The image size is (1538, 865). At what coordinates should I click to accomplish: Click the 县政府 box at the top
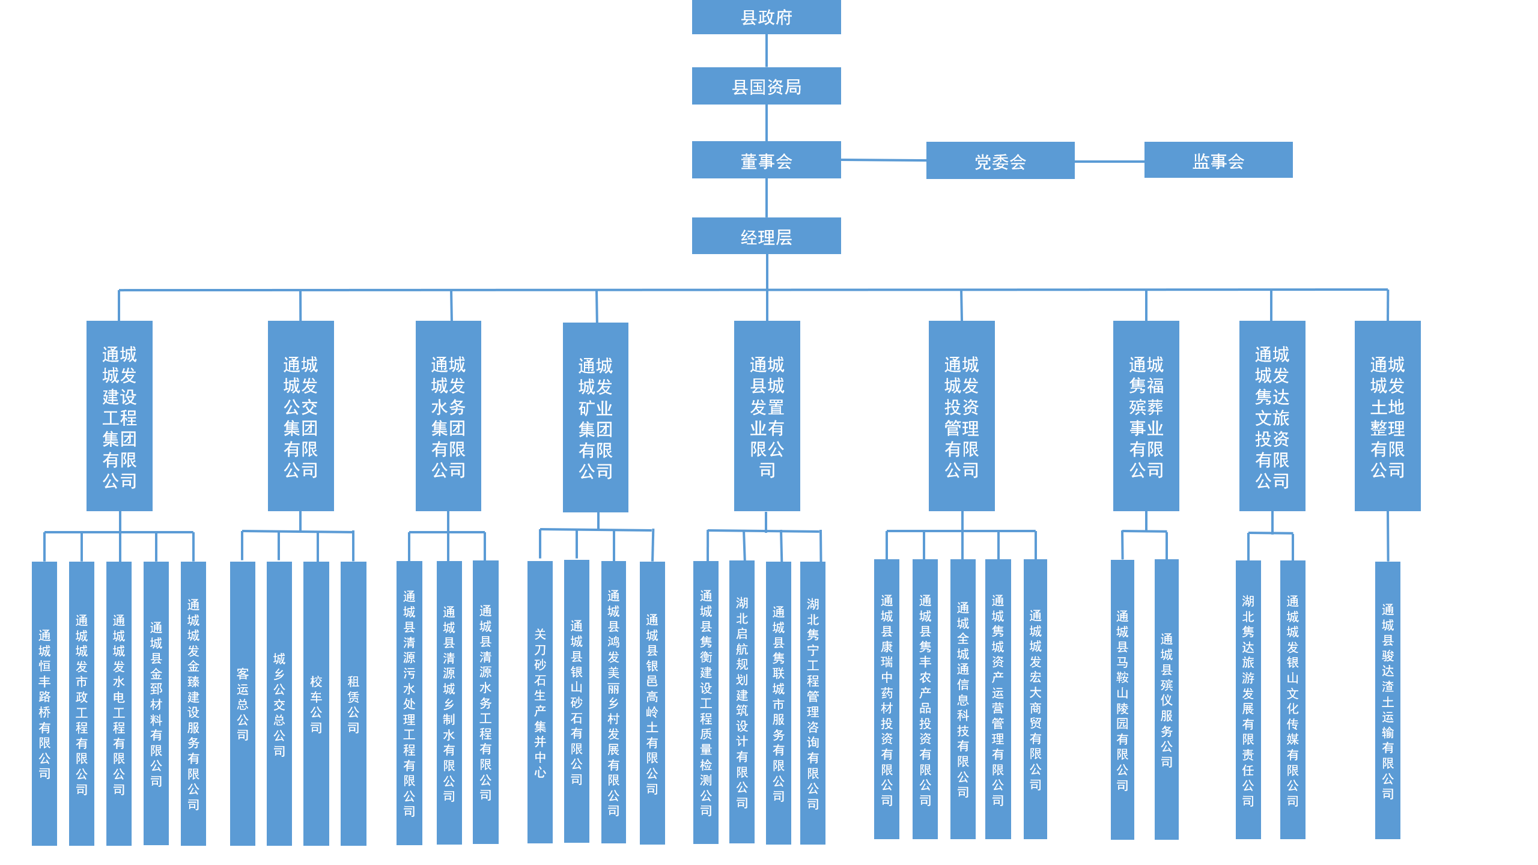(x=766, y=17)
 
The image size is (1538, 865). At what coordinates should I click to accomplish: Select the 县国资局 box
(x=766, y=86)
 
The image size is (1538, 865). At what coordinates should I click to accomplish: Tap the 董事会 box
(x=766, y=160)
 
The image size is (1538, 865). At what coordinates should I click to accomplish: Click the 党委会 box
(x=1000, y=160)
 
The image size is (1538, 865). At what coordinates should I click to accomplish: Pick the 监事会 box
(x=1218, y=160)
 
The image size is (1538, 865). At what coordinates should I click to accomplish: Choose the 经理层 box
(x=766, y=236)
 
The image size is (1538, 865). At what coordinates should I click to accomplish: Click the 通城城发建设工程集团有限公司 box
(x=120, y=416)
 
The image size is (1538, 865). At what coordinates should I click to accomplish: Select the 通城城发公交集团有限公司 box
(x=300, y=416)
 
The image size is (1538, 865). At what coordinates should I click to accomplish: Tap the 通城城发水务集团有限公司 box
(x=448, y=416)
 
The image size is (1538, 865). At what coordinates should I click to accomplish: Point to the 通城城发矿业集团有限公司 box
(x=595, y=417)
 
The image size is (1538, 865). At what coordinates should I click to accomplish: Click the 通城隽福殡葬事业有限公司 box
(x=1146, y=416)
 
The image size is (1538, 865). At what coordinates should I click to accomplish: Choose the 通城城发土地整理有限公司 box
(x=1387, y=416)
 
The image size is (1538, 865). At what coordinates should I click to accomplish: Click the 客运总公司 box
(x=243, y=703)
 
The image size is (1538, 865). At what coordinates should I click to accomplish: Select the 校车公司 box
(x=316, y=703)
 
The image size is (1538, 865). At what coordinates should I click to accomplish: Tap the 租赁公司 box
(x=353, y=703)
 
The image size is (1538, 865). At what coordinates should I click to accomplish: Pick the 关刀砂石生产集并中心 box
(x=540, y=702)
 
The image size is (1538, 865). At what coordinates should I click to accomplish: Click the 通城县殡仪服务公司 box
(x=1166, y=699)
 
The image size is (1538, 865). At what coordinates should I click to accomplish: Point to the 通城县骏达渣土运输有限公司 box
(x=1387, y=700)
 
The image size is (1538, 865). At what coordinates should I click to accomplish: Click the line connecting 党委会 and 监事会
(x=1109, y=161)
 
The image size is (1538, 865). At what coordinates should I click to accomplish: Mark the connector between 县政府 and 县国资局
(x=766, y=50)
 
